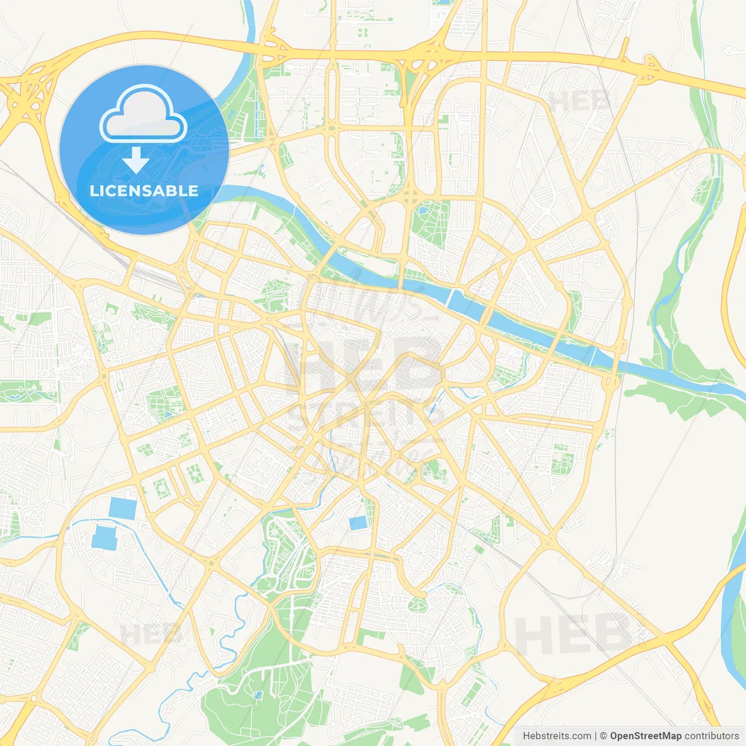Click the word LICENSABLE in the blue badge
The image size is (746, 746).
(144, 191)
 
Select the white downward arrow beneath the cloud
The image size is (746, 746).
(136, 160)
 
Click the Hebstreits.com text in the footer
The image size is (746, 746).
(557, 736)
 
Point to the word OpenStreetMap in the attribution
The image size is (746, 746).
(645, 736)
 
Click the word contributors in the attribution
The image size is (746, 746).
(711, 736)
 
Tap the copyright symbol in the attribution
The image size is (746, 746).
(604, 736)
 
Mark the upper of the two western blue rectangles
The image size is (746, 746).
(122, 508)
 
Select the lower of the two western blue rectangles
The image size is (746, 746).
(104, 538)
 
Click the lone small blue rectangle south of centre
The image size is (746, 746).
(358, 523)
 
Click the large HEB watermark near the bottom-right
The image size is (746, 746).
(571, 635)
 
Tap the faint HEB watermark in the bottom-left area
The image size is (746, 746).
(150, 634)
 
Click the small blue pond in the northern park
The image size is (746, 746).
(424, 207)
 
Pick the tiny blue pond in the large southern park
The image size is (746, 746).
(258, 695)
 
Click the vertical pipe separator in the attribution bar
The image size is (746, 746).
(595, 736)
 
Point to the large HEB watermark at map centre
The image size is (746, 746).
(361, 361)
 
